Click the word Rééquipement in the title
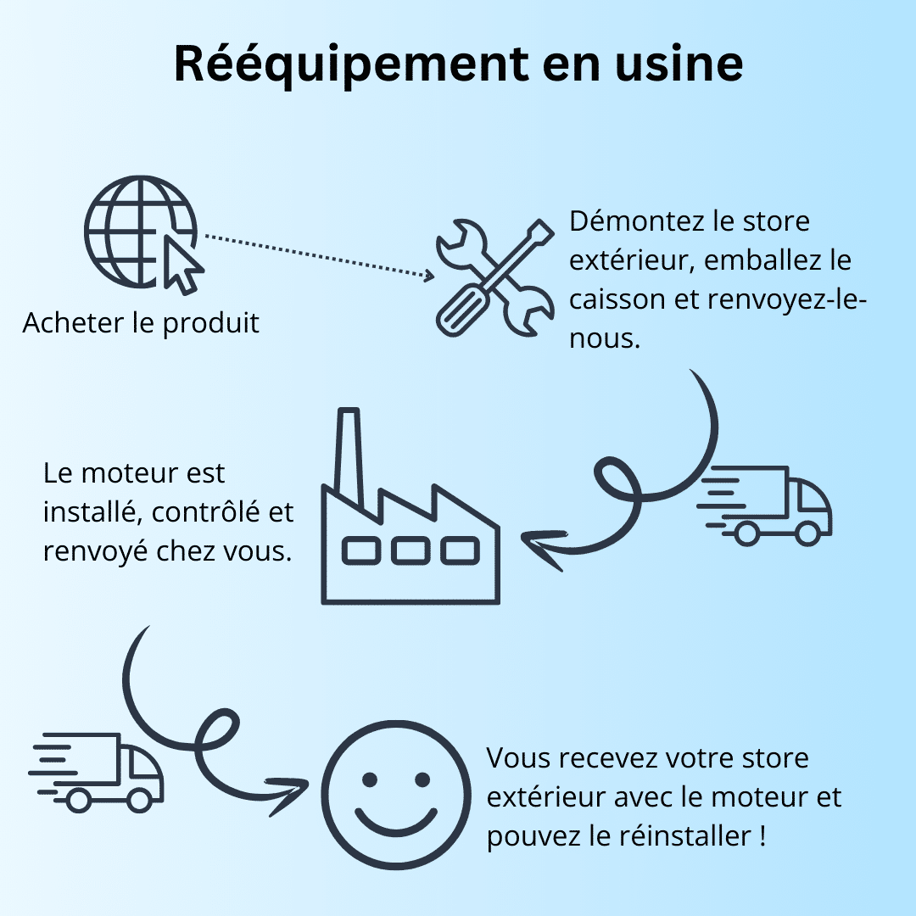[351, 65]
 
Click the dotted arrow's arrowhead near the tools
[428, 275]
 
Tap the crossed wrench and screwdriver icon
[494, 277]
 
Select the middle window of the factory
[411, 551]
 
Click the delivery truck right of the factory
[764, 505]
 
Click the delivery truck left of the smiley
[97, 773]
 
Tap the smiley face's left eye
[369, 779]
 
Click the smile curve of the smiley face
[396, 824]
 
